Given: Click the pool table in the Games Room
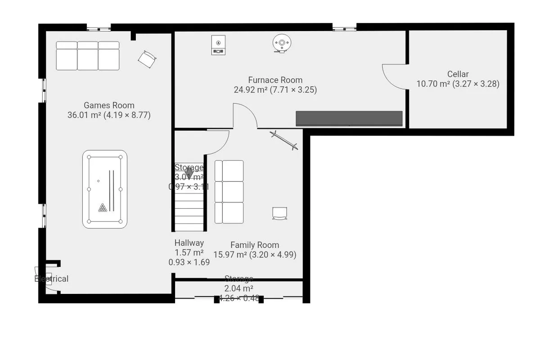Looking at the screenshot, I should point(105,189).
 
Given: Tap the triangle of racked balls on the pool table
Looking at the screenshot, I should point(103,207).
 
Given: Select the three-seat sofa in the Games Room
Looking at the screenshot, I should point(88,55).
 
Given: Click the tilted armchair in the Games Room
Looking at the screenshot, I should point(147,58).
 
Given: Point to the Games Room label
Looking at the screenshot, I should point(109,105).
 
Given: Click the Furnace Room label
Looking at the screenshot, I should point(275,80).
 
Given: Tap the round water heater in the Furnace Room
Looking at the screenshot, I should point(282,44).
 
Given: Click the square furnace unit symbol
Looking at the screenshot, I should point(219,45).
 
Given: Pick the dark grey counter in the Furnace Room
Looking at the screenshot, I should point(349,118).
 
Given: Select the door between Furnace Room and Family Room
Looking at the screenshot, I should point(245,116).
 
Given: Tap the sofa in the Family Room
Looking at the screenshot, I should point(229,192).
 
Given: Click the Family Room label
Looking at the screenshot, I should point(254,245).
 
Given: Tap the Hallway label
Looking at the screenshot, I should point(189,243).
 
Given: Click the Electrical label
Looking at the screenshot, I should point(51,279).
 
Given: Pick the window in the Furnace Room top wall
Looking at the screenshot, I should point(345,28).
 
